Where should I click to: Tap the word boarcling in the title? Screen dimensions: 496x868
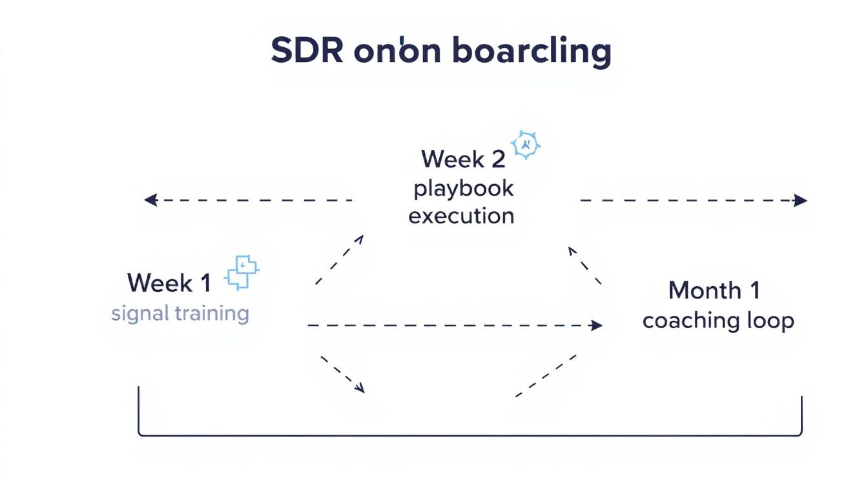[532, 52]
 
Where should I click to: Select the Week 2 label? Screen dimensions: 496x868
[462, 159]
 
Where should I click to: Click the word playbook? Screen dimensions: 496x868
[463, 189]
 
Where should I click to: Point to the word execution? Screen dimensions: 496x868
[461, 216]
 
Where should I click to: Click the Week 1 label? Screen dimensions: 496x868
[169, 283]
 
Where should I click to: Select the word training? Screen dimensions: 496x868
[211, 315]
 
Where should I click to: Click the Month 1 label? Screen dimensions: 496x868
[714, 291]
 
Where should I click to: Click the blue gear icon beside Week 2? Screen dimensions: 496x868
[526, 145]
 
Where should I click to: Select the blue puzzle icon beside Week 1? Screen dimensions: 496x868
[242, 273]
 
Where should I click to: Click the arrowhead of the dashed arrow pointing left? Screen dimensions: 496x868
[149, 200]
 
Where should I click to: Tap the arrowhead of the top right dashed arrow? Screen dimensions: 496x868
[801, 200]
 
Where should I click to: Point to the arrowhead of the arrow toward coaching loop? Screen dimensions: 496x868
[597, 325]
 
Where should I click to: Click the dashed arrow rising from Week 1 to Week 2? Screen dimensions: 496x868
[340, 259]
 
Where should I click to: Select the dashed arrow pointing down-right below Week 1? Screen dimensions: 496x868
[342, 373]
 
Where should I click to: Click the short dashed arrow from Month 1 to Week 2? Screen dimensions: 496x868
[584, 265]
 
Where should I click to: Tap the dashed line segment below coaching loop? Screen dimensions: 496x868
[546, 375]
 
